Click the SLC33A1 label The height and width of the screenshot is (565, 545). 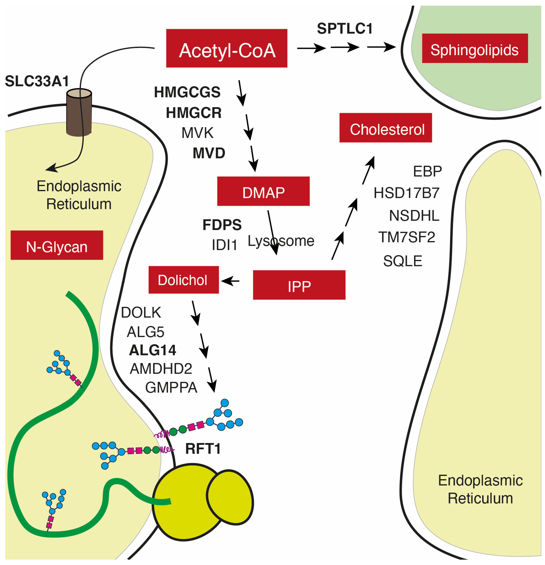(x=37, y=81)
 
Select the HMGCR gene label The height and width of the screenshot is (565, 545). (x=193, y=113)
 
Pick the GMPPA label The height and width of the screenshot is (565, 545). (x=171, y=387)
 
